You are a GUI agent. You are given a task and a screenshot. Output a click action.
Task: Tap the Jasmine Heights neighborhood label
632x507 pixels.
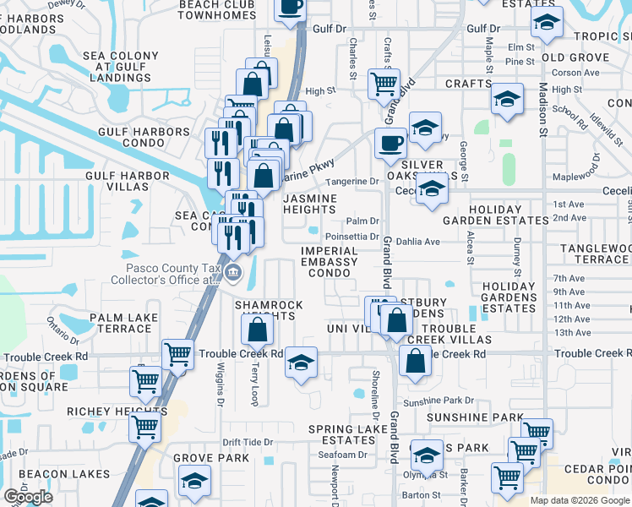coord(309,204)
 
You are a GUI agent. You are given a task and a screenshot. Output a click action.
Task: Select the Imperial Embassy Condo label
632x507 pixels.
coord(330,262)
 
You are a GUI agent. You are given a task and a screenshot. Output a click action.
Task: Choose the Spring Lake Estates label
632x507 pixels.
coord(341,434)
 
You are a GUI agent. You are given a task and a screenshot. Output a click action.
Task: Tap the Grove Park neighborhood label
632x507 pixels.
coord(211,458)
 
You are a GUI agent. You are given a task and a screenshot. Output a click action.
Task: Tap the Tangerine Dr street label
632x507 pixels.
coord(351,182)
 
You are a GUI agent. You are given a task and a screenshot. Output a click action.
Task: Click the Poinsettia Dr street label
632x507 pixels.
coord(351,237)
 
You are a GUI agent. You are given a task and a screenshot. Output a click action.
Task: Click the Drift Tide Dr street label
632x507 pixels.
coord(248,442)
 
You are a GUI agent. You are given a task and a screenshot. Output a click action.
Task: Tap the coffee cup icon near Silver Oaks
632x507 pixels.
coord(390,143)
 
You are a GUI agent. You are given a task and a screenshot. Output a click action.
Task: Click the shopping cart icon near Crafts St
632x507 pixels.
coord(384,84)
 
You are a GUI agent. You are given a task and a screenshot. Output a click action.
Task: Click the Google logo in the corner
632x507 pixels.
coord(28,497)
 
